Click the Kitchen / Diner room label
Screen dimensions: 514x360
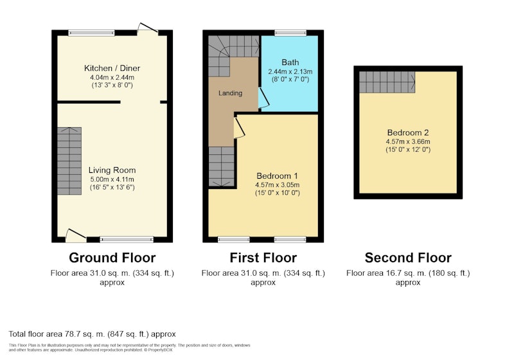tap(112, 68)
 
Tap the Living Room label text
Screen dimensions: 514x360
tap(112, 170)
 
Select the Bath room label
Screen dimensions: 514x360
tap(290, 62)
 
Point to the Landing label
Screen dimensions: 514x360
tap(231, 93)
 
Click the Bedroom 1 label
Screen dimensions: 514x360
tap(277, 176)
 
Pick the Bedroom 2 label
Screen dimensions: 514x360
tap(408, 133)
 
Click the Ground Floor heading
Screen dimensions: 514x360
tap(112, 258)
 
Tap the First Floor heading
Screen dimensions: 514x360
tap(263, 258)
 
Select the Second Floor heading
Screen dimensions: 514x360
tap(408, 258)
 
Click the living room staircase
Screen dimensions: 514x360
tap(69, 161)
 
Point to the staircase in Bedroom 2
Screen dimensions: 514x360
tap(387, 82)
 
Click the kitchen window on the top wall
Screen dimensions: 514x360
tap(91, 33)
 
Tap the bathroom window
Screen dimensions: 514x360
tap(290, 33)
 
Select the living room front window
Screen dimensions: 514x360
tap(127, 240)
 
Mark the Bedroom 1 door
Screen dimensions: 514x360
tap(239, 128)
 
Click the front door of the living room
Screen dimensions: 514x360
tap(76, 236)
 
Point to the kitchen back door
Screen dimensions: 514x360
tap(148, 28)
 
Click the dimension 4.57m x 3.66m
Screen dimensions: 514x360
tap(408, 142)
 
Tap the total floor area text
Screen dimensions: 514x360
tap(92, 334)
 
